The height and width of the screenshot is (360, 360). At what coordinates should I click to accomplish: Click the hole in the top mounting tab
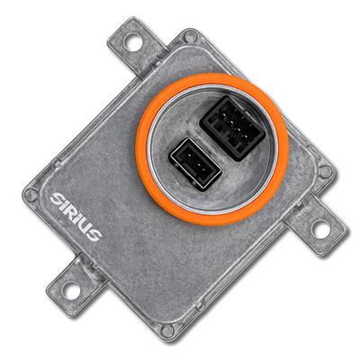133,42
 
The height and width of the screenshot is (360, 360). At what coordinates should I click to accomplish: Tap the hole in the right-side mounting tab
319,229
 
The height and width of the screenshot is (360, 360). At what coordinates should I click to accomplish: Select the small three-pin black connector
195,164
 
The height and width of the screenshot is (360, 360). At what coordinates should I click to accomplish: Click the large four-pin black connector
232,128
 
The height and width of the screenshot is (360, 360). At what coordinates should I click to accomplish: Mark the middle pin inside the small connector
195,165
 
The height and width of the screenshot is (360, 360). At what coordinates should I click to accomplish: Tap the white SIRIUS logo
76,217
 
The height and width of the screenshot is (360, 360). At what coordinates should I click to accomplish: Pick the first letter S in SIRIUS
56,199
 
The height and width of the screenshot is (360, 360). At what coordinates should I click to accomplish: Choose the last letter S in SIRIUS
94,233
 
